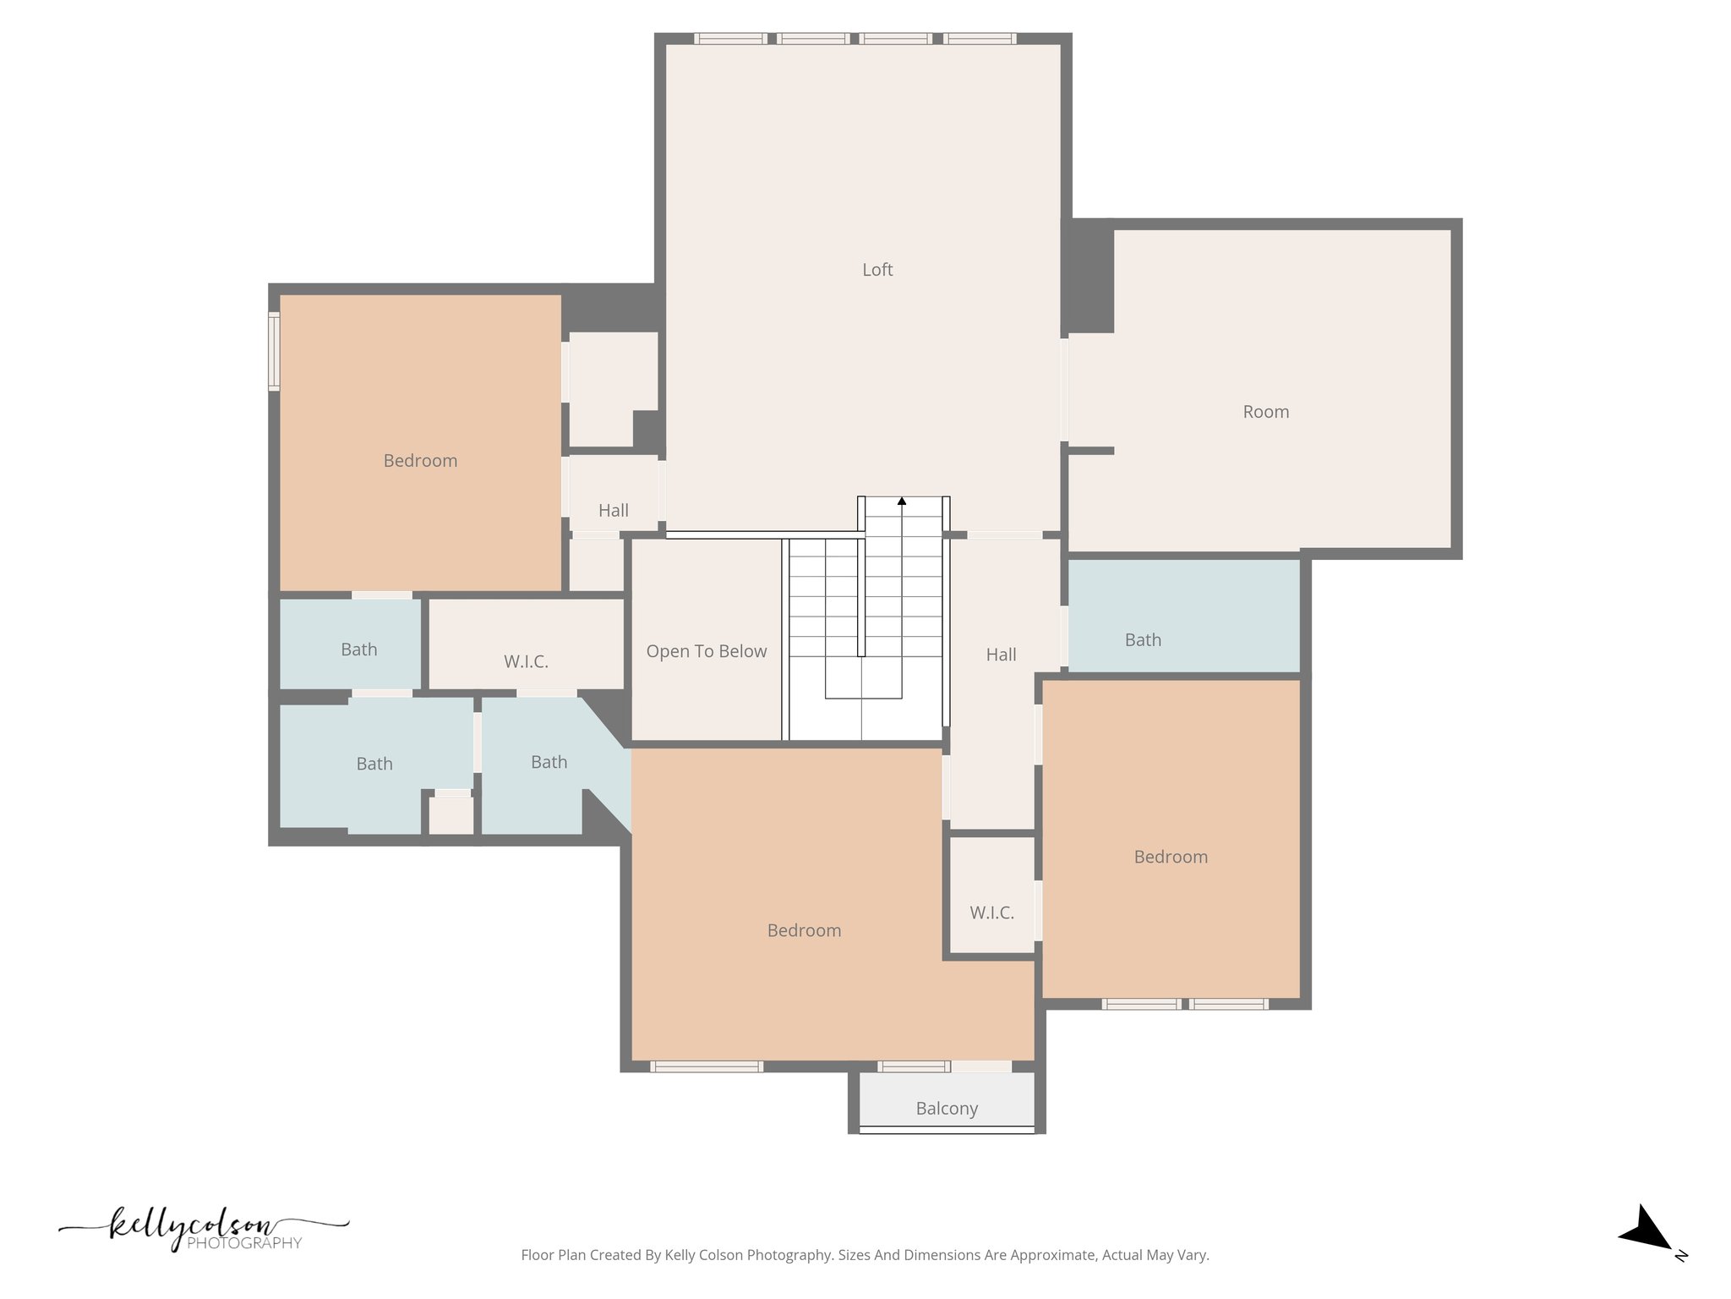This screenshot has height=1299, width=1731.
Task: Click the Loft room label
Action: pos(877,270)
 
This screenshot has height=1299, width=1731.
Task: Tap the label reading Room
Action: pos(1265,412)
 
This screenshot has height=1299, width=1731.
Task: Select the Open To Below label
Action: pos(706,651)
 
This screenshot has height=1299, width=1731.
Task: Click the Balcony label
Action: pos(947,1108)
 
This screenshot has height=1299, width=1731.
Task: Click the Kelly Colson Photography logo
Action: pos(203,1229)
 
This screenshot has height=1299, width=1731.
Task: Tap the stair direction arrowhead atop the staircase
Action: pos(902,502)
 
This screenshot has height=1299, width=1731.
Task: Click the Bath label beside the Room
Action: pos(1143,640)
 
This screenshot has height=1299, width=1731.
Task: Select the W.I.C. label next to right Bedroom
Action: pos(991,913)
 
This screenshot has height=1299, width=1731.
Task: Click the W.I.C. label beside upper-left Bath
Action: pos(526,661)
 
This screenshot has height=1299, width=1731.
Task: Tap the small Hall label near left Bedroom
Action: pos(613,510)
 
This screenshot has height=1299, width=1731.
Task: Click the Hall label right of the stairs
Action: pos(1001,655)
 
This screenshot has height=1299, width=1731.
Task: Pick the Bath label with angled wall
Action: pos(549,762)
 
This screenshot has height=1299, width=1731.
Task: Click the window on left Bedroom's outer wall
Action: pos(274,351)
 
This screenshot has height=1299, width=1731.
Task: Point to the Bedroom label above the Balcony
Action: pos(804,930)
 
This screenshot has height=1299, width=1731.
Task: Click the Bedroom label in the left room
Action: pos(420,461)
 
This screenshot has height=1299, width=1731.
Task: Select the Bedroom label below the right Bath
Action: pos(1170,857)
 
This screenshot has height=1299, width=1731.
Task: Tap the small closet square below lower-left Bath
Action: pos(450,815)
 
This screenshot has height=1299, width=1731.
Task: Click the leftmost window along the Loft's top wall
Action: pos(730,38)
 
